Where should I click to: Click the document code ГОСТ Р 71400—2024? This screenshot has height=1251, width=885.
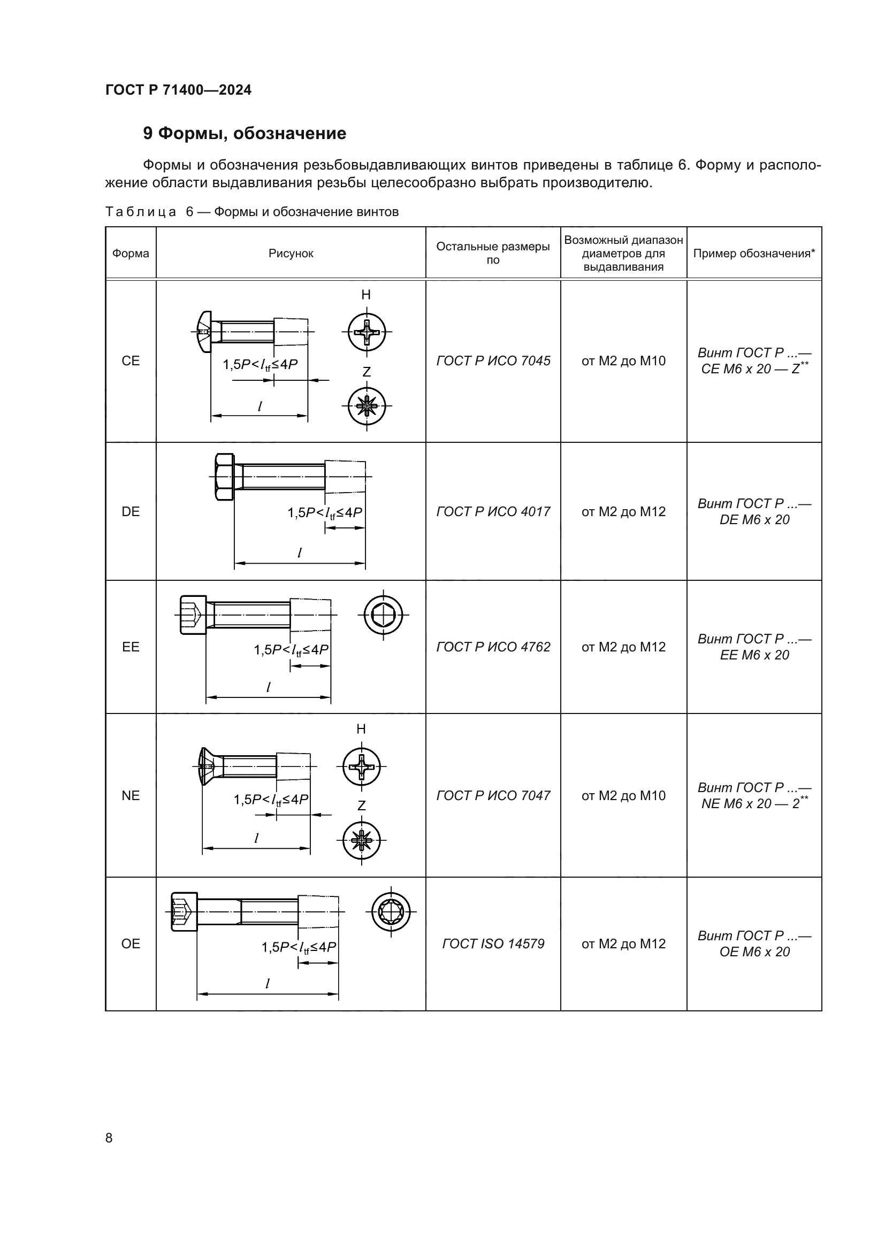(178, 90)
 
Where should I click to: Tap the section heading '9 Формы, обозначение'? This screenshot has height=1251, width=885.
(244, 134)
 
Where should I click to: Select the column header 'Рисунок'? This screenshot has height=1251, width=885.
(291, 254)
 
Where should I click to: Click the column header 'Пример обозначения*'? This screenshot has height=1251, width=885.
(754, 254)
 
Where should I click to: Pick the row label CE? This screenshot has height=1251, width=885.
(131, 360)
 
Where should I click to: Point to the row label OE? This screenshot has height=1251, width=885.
(131, 943)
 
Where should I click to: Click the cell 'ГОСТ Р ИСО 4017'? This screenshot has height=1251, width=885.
(493, 512)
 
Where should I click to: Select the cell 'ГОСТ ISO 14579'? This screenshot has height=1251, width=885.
(493, 943)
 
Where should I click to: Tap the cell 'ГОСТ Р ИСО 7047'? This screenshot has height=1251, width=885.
(493, 795)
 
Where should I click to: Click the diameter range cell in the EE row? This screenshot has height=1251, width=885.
(623, 647)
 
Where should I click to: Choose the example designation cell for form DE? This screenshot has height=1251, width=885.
(754, 512)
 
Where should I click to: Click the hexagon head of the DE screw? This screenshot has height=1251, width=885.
(224, 477)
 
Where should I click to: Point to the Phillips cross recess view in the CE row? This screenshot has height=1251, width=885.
(367, 332)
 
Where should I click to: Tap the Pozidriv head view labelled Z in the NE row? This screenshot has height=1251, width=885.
(361, 840)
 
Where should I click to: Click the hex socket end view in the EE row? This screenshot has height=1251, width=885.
(384, 615)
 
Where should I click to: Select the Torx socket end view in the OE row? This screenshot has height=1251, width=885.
(391, 911)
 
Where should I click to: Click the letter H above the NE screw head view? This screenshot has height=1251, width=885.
(361, 729)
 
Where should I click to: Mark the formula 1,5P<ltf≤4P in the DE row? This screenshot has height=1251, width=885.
(325, 513)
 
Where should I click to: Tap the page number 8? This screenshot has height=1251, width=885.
(109, 1138)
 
